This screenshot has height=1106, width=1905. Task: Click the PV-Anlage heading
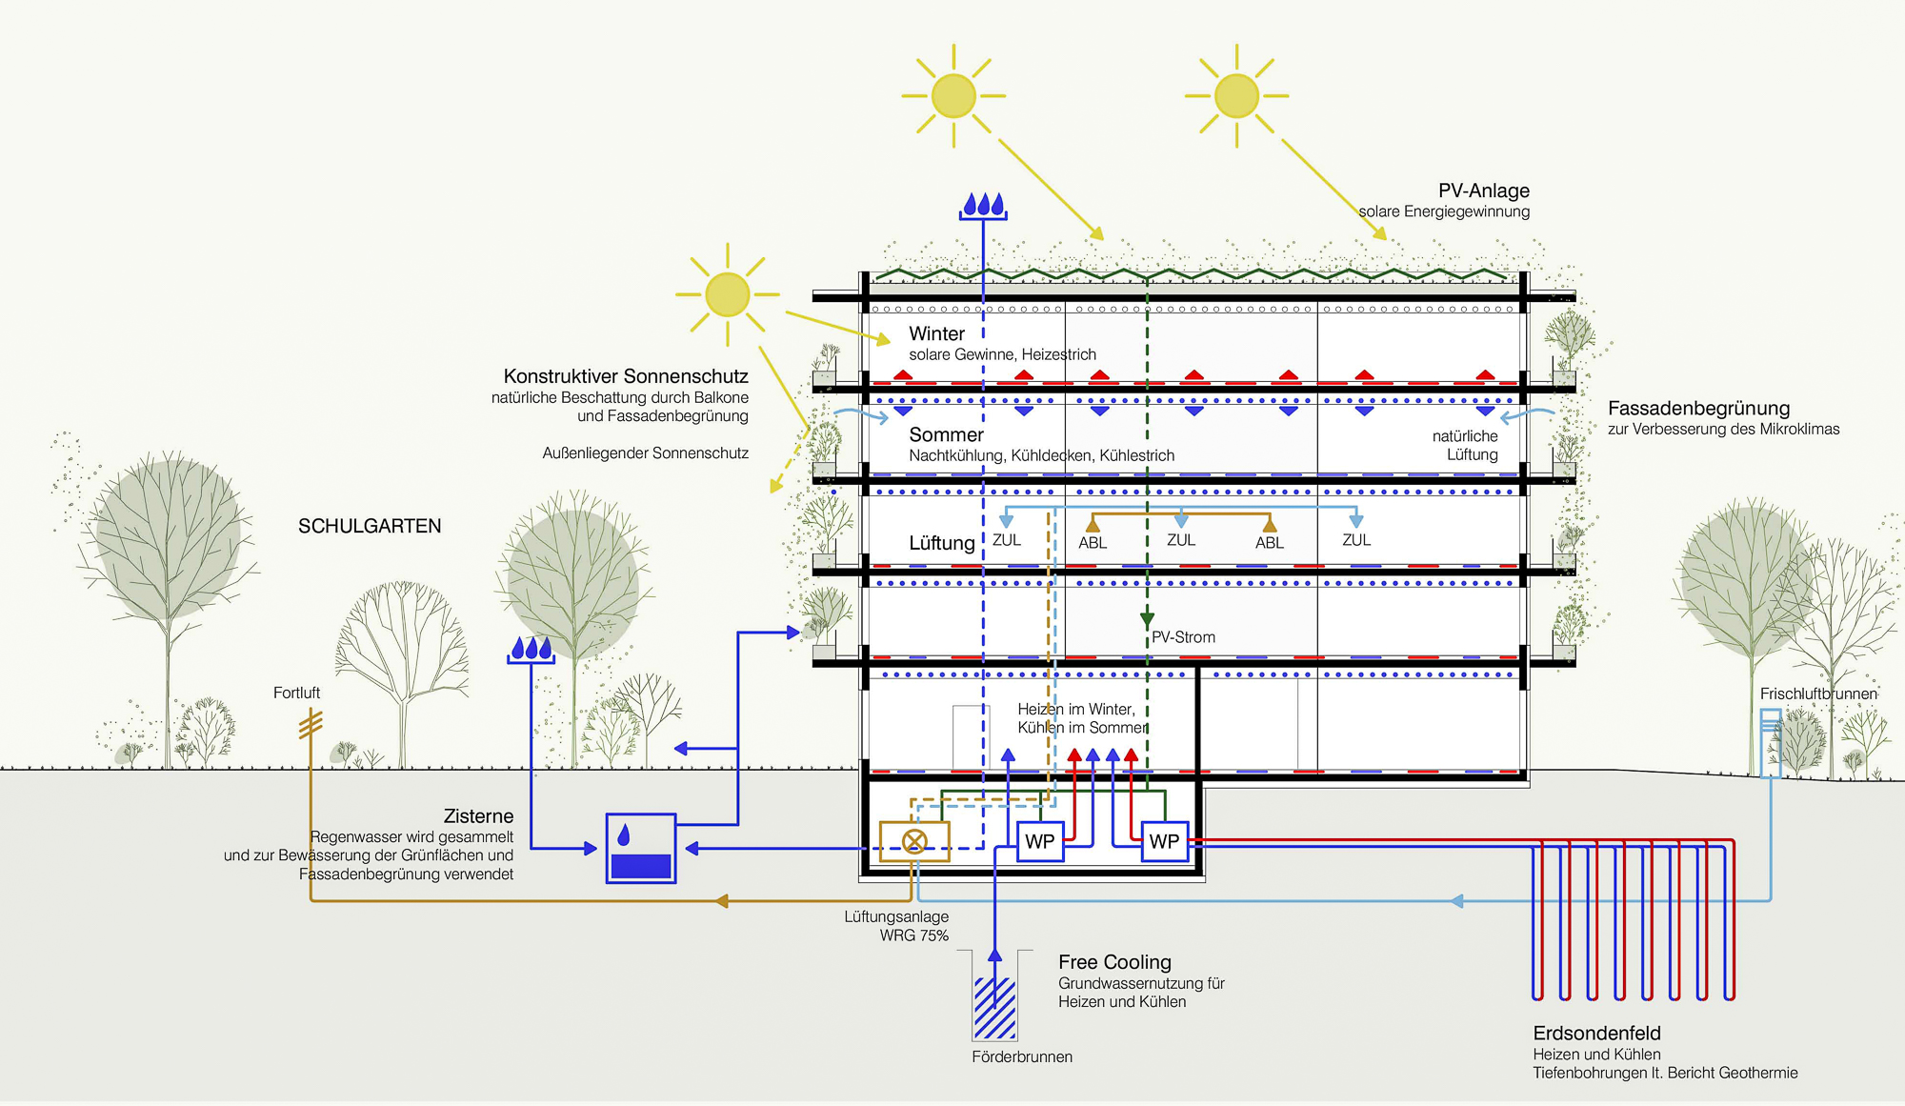click(1483, 191)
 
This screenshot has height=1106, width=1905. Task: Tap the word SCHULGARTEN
click(370, 526)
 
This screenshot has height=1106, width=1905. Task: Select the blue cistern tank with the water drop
click(641, 848)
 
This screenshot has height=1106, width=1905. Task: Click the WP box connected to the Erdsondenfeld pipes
click(1164, 842)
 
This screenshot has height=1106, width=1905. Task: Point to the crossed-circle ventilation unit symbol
click(914, 841)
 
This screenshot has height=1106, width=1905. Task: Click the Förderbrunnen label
click(1022, 1056)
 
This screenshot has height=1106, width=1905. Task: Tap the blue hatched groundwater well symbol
click(994, 1007)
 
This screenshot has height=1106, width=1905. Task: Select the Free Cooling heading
click(1114, 962)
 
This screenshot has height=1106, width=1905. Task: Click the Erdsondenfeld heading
click(1596, 1034)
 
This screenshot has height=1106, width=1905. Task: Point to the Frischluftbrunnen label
click(1818, 694)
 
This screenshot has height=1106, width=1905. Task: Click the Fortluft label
click(296, 693)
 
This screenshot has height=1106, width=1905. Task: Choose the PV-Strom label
click(1183, 637)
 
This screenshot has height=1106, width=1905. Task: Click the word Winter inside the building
click(936, 333)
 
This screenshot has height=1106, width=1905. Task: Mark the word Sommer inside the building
click(946, 434)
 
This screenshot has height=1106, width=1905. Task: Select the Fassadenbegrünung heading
click(1698, 408)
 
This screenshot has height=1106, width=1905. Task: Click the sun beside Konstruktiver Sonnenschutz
click(728, 294)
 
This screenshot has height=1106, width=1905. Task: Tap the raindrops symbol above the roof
click(983, 206)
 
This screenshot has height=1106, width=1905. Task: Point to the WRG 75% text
click(913, 935)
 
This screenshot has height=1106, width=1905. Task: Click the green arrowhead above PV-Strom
click(1147, 619)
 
